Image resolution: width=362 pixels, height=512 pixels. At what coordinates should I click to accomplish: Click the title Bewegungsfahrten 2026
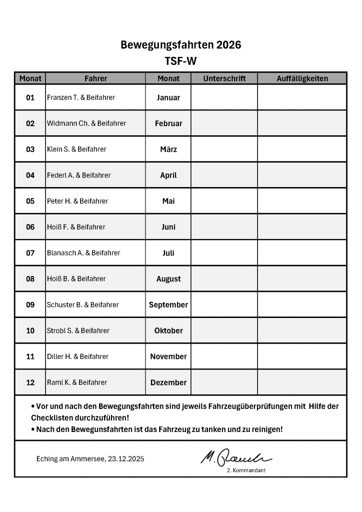[x=180, y=45]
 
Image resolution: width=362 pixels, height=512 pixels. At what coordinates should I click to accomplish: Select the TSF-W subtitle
[x=180, y=61]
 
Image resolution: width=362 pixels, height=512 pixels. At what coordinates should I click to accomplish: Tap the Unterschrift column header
[x=224, y=78]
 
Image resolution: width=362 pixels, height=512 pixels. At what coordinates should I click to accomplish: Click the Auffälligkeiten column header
[x=302, y=78]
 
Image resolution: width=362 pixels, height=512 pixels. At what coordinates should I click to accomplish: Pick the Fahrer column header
[x=95, y=78]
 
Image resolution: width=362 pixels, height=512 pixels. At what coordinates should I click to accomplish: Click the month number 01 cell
[x=30, y=97]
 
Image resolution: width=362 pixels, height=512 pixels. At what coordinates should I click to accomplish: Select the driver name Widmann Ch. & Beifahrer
[x=86, y=123]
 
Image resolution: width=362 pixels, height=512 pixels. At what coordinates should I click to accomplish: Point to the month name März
[x=168, y=149]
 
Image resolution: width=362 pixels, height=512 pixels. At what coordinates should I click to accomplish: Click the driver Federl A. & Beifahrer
[x=79, y=175]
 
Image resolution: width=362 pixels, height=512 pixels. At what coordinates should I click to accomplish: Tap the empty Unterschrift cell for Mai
[x=224, y=201]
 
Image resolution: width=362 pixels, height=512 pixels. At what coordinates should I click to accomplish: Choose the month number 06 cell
[x=30, y=227]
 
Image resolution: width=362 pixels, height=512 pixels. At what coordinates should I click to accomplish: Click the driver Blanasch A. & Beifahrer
[x=83, y=253]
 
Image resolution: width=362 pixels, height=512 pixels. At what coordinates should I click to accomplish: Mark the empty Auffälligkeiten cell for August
[x=302, y=279]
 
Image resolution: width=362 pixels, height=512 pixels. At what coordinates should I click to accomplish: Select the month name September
[x=168, y=305]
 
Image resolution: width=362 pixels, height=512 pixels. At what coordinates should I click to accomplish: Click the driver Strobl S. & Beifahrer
[x=78, y=331]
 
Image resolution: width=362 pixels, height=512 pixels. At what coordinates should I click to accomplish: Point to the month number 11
[x=30, y=357]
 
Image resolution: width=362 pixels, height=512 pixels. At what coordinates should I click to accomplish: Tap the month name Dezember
[x=168, y=382]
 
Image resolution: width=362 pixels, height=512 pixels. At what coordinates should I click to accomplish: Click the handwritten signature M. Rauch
[x=236, y=456]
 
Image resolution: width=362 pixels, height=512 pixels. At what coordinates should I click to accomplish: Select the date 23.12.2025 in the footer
[x=126, y=459]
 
